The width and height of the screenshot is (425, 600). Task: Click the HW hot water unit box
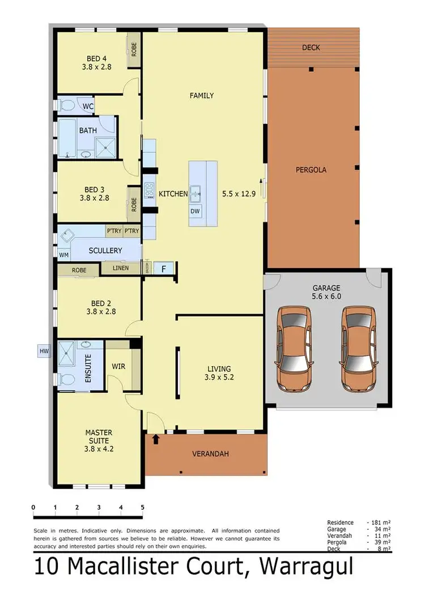click(44, 352)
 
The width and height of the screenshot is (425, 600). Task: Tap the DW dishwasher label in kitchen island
click(195, 211)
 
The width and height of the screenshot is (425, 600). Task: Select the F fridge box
click(164, 268)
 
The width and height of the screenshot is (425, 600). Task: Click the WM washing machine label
click(63, 255)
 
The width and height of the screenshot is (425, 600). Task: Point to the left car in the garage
click(294, 349)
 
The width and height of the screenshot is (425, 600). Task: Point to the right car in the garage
click(358, 349)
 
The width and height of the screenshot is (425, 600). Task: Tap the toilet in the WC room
click(66, 105)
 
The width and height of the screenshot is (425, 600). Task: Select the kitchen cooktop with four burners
click(150, 190)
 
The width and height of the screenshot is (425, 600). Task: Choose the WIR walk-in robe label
click(119, 366)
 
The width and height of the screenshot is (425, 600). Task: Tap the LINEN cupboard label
click(120, 268)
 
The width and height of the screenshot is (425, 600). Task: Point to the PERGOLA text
click(311, 169)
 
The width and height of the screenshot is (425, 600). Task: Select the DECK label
click(311, 48)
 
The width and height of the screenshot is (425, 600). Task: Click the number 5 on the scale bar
click(142, 507)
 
